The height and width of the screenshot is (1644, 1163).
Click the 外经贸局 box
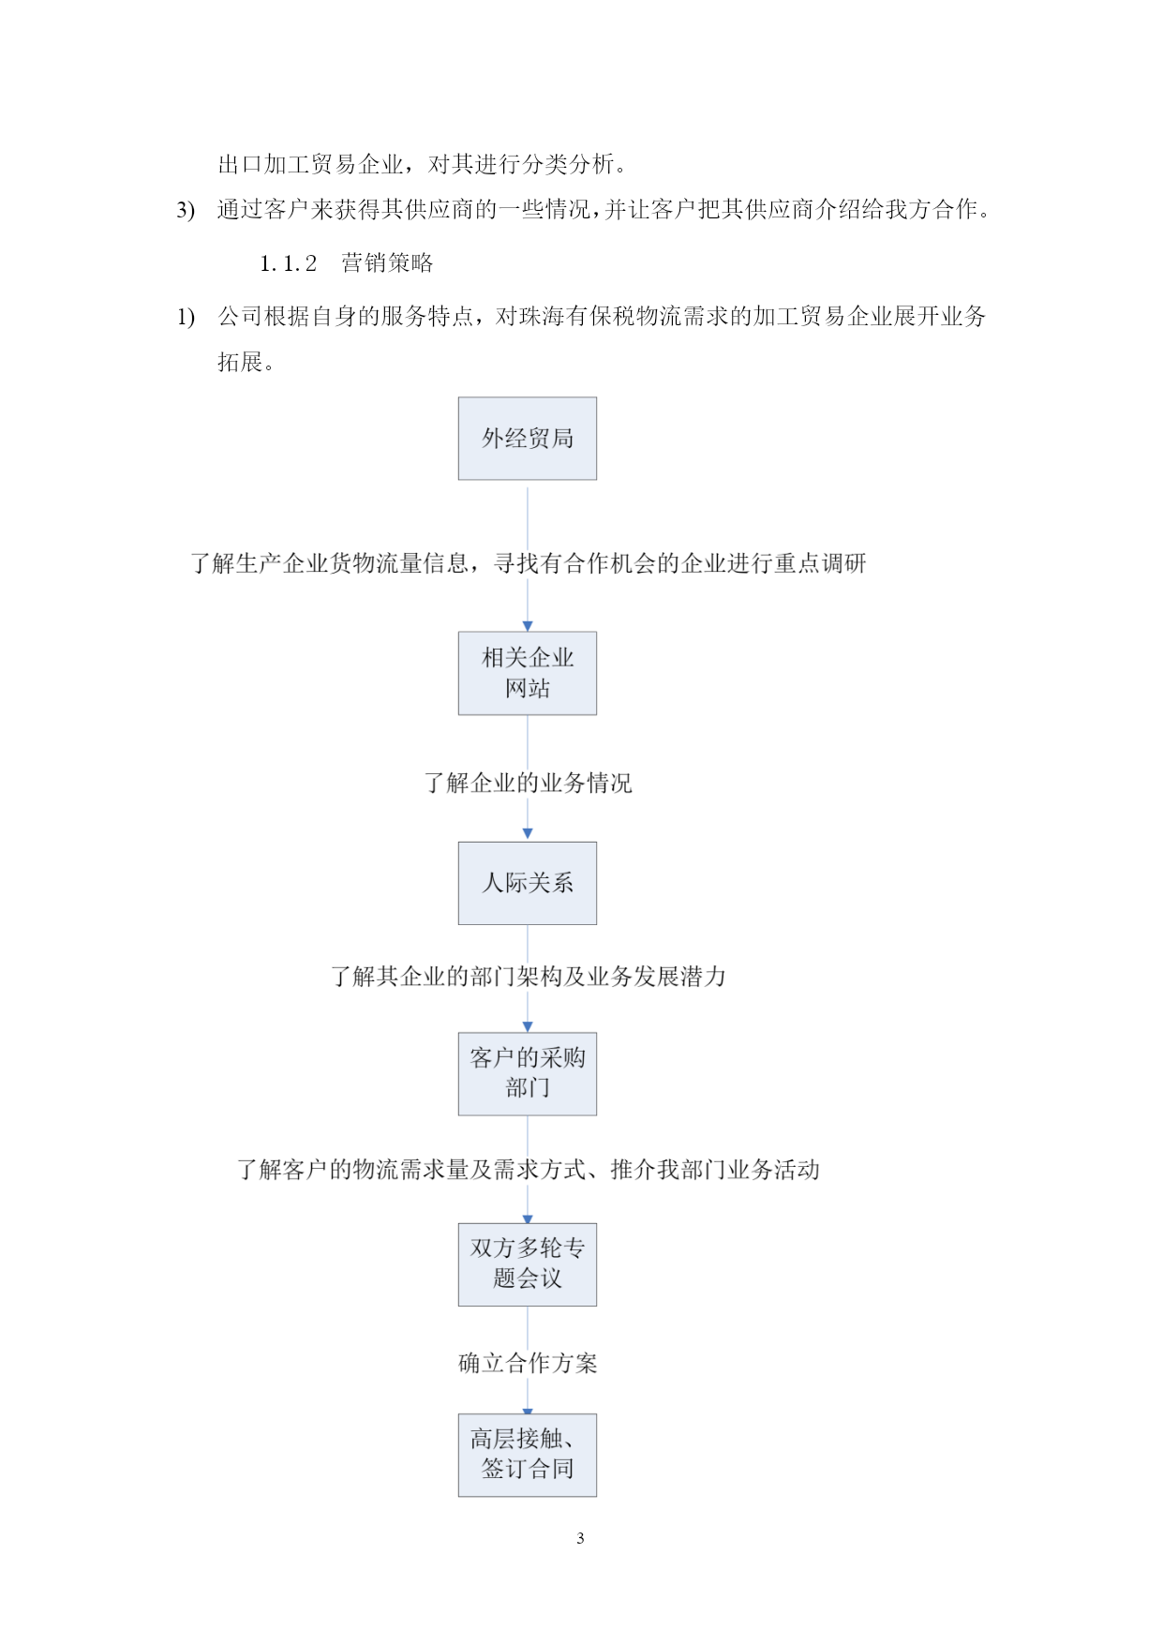pyautogui.click(x=527, y=438)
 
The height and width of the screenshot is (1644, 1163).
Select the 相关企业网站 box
pyautogui.click(x=527, y=673)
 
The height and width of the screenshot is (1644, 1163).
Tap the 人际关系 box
pyautogui.click(x=527, y=883)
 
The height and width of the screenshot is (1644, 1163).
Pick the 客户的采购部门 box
pyautogui.click(x=527, y=1073)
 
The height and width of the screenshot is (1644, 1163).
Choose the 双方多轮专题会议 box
pyautogui.click(x=527, y=1264)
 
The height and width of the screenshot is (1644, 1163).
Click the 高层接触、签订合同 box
pyautogui.click(x=527, y=1455)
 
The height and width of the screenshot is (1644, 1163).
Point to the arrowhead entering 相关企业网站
pyautogui.click(x=528, y=626)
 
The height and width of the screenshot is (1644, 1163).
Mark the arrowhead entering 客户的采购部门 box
pyautogui.click(x=528, y=1026)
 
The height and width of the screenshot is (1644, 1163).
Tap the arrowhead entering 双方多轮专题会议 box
pyautogui.click(x=528, y=1218)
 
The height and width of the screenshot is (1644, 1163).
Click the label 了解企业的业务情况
pyautogui.click(x=528, y=783)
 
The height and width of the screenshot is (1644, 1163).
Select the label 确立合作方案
pyautogui.click(x=528, y=1363)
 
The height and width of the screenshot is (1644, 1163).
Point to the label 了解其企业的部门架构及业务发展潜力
pyautogui.click(x=528, y=977)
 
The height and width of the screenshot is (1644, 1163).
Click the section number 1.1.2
pyautogui.click(x=289, y=264)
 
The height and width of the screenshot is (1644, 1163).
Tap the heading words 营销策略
pyautogui.click(x=387, y=263)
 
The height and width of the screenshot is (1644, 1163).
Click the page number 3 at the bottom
pyautogui.click(x=580, y=1538)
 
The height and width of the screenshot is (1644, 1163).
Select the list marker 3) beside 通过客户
pyautogui.click(x=186, y=210)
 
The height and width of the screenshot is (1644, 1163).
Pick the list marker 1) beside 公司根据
pyautogui.click(x=186, y=318)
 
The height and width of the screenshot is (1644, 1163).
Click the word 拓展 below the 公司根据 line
pyautogui.click(x=240, y=362)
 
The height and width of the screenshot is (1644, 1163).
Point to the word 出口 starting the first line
pyautogui.click(x=241, y=165)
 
